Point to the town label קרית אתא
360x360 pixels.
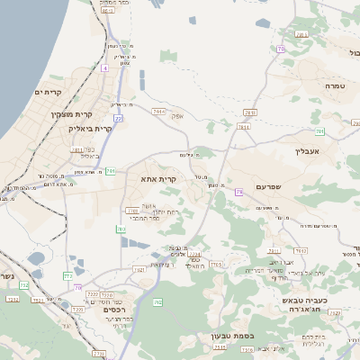pyautogui.click(x=158, y=180)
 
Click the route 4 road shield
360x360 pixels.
pyautogui.click(x=104, y=67)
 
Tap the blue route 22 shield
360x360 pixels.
pyautogui.click(x=118, y=118)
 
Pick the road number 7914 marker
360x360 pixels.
pyautogui.click(x=159, y=112)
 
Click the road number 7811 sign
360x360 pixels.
pyautogui.click(x=77, y=149)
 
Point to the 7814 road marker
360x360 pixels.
pyautogui.click(x=243, y=128)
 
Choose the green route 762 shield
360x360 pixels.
pyautogui.click(x=157, y=302)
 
